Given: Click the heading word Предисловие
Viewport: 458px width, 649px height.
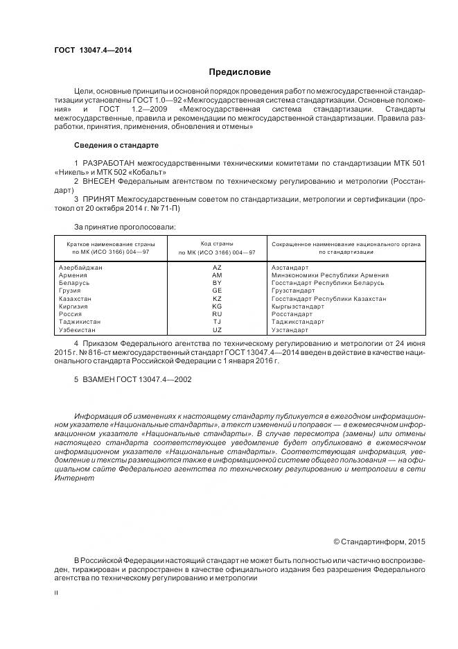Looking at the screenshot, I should coord(240,72).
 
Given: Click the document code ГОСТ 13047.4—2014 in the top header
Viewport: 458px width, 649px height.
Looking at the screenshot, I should coord(93,51).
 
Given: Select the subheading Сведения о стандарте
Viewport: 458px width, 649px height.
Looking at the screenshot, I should coord(116,146).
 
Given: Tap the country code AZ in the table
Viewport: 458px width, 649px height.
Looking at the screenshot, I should coord(217,267).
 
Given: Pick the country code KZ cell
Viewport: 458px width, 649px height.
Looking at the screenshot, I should coord(217,298).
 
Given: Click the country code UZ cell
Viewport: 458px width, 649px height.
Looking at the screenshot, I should coord(217,330).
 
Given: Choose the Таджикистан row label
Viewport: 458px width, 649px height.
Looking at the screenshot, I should coord(80,322).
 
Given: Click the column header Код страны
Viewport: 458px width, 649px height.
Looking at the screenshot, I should coord(217,243).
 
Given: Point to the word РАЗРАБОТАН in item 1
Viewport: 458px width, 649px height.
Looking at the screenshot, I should coord(109,162).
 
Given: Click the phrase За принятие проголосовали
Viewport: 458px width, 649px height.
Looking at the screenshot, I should coord(125,226).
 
